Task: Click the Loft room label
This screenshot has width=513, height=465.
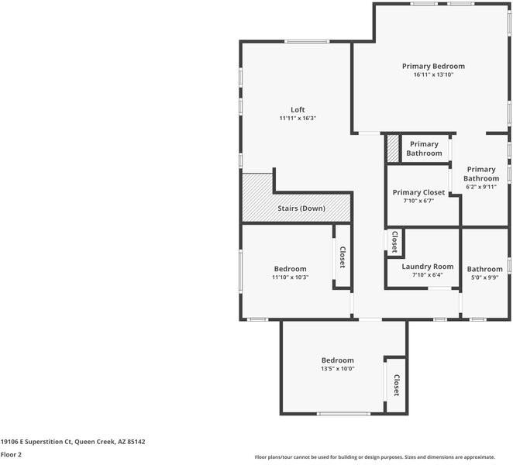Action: point(298,109)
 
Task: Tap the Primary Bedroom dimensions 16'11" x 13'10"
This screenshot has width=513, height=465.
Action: point(433,74)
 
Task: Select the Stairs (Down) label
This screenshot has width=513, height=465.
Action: point(301,208)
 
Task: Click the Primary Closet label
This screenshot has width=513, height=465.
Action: point(418,192)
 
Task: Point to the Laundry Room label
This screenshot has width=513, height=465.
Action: point(428,267)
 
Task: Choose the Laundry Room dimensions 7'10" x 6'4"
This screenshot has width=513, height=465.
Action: point(428,275)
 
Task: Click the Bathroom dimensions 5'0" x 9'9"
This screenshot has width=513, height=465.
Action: point(484,277)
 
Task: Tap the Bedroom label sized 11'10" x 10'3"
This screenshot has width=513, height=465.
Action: point(290,269)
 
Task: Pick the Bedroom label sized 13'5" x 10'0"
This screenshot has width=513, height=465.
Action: point(338,360)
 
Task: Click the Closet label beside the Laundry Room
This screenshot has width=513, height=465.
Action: point(395,242)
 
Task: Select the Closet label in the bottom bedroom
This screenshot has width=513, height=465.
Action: point(397,385)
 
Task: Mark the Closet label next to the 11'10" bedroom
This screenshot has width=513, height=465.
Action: point(343,257)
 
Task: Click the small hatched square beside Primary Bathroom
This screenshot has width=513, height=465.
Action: point(393,149)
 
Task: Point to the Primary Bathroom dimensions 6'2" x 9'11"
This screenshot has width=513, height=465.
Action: point(481,188)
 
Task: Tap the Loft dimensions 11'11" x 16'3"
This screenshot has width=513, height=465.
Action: point(298,119)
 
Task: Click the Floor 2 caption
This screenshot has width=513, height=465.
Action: point(11,454)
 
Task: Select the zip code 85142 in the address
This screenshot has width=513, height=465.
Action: point(136,442)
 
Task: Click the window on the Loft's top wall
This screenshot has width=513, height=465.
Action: point(307,42)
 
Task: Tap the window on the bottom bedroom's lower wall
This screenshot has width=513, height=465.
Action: point(343,414)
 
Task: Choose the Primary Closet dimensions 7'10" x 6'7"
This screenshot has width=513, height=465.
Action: point(418,201)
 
